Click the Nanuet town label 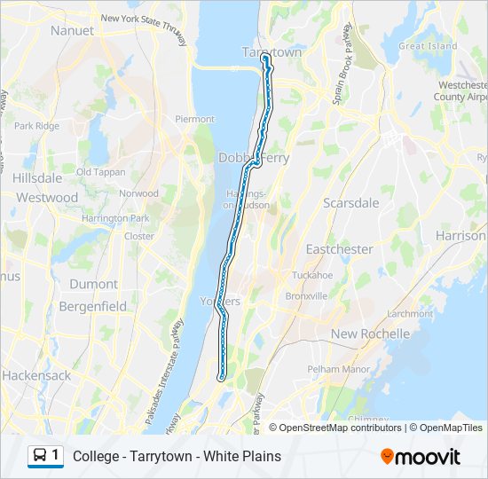[x=72, y=30]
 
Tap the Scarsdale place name [x=350, y=203]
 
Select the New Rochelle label [x=370, y=334]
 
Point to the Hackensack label [x=36, y=375]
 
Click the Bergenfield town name [x=88, y=306]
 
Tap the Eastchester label [x=339, y=249]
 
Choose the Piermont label [x=194, y=119]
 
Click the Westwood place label [x=47, y=198]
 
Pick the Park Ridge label [x=36, y=126]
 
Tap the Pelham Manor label [x=337, y=368]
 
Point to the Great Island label [x=428, y=46]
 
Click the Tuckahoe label [x=312, y=274]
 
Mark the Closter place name [x=138, y=236]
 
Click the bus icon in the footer [x=40, y=456]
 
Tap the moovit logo [x=421, y=457]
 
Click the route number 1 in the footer [x=56, y=455]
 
